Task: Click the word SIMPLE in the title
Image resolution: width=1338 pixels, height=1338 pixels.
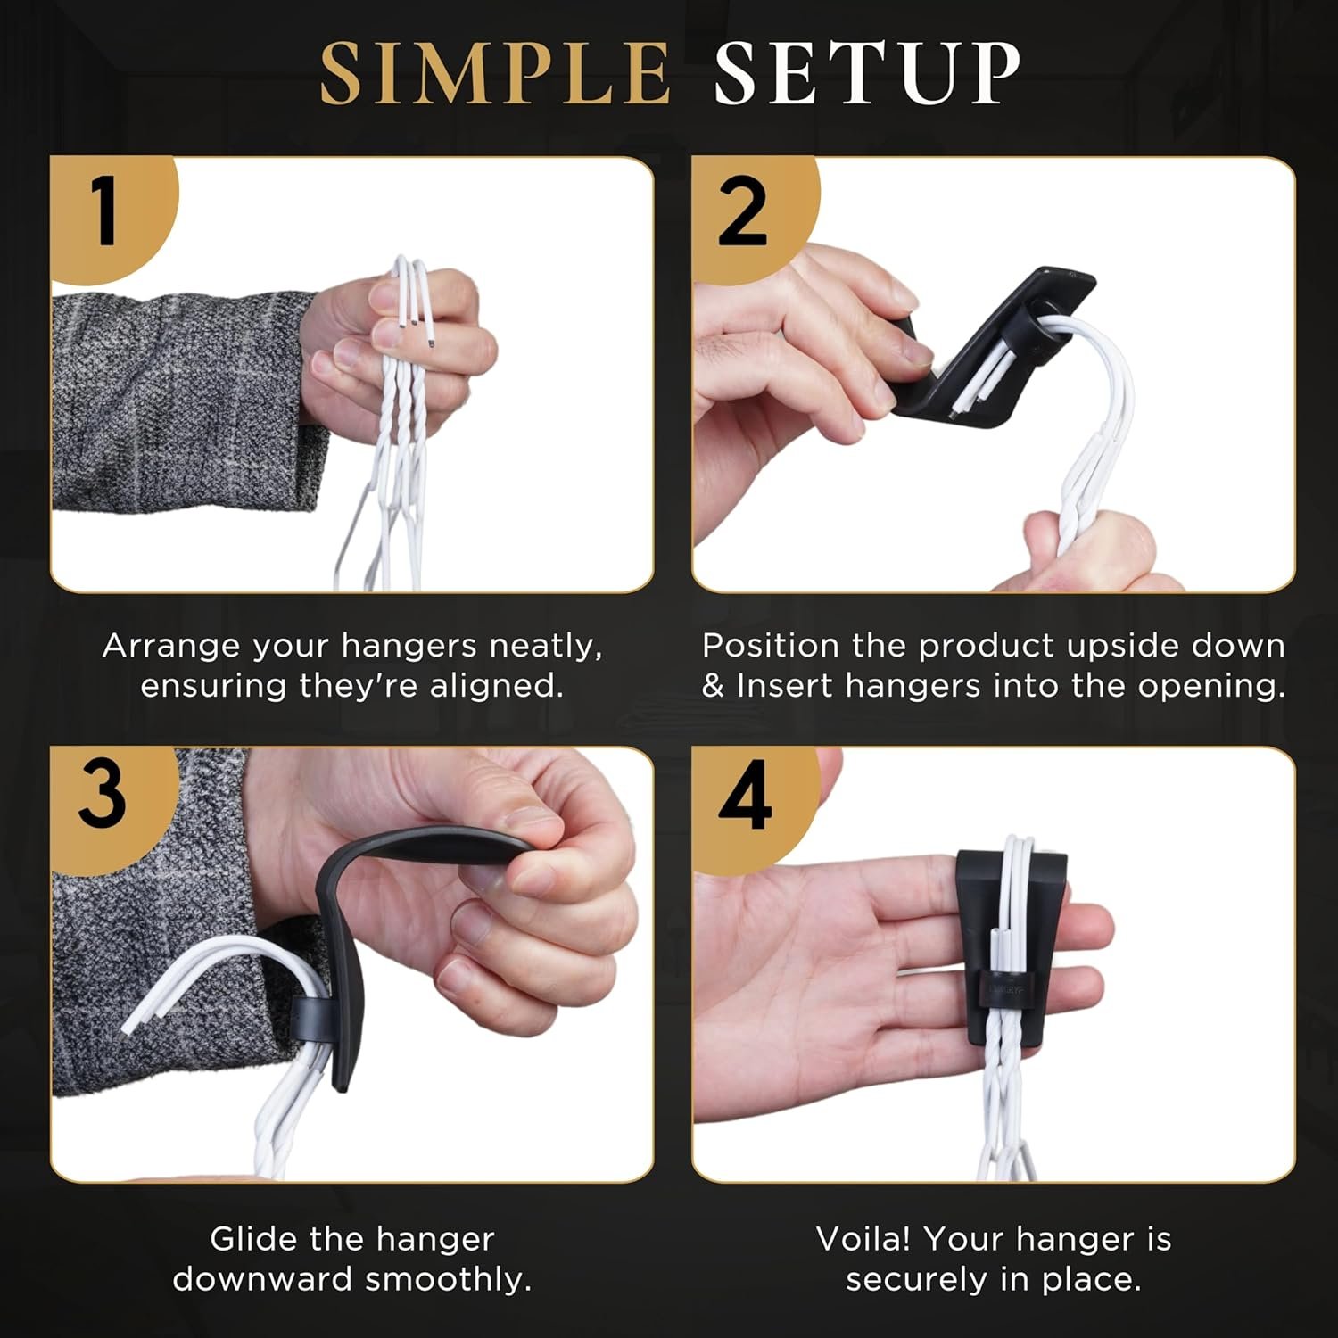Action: (x=495, y=73)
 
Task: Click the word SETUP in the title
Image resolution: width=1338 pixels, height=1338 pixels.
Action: (x=867, y=73)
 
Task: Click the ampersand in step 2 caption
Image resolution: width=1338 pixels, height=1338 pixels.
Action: (x=713, y=687)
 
